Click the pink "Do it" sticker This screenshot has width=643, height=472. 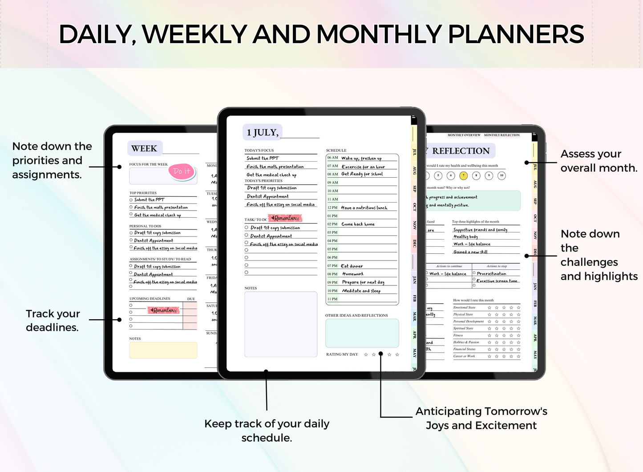(x=182, y=171)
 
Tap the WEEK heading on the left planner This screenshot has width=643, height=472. (x=144, y=149)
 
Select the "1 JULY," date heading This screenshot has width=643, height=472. (x=263, y=132)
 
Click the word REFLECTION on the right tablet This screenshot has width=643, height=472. (x=461, y=151)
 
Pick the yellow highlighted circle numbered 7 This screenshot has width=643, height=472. (x=463, y=175)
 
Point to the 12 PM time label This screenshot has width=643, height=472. (x=332, y=208)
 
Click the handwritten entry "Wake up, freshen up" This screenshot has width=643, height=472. (x=361, y=158)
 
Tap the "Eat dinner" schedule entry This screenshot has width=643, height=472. (x=352, y=266)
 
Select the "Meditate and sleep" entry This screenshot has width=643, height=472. (x=361, y=291)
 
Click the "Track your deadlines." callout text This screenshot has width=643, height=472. (x=53, y=321)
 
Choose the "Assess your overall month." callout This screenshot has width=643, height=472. (x=599, y=161)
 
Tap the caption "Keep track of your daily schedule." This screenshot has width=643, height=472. (x=267, y=431)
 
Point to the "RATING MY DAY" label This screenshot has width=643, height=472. (x=342, y=354)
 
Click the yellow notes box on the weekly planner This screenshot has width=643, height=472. (x=163, y=350)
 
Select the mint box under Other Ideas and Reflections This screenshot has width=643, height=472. (x=362, y=333)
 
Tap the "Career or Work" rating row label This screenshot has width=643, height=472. (x=464, y=356)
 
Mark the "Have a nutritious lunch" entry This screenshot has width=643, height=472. (x=364, y=208)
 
